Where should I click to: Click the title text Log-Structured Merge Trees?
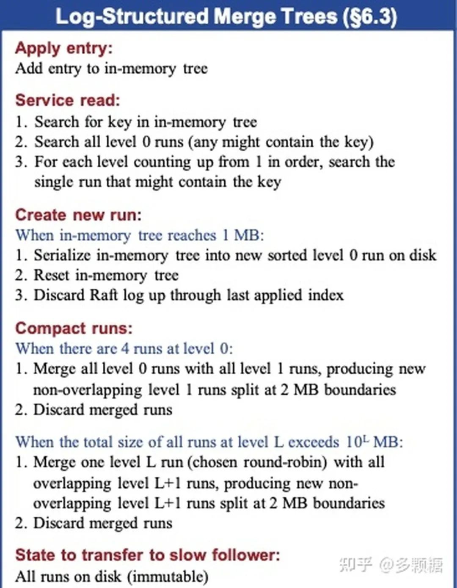(197, 17)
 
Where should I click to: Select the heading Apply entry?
(64, 48)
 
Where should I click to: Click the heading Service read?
(68, 100)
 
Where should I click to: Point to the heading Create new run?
(78, 215)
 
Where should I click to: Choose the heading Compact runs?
(74, 328)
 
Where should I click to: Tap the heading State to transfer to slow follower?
(148, 555)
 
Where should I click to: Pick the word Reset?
(51, 275)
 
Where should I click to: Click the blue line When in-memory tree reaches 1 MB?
(140, 235)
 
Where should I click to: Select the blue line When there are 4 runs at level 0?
(124, 348)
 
